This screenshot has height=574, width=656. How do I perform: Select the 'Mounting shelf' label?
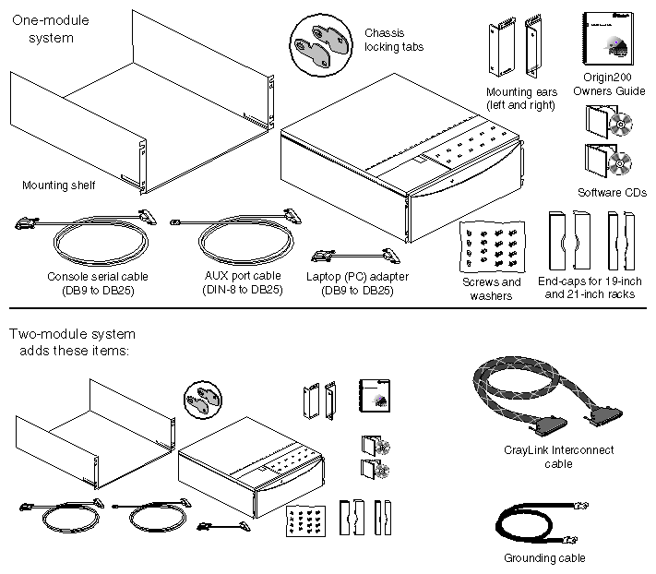59,185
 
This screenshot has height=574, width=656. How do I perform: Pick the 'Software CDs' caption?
612,192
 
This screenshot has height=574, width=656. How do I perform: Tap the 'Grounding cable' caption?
544,557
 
